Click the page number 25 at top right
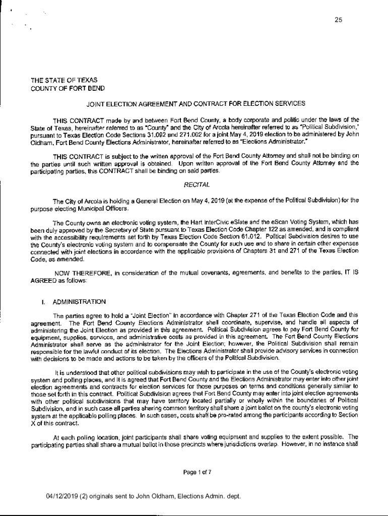tap(338, 20)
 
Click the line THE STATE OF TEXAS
tap(64, 80)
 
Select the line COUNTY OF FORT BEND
tap(68, 88)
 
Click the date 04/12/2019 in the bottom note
tap(61, 496)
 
